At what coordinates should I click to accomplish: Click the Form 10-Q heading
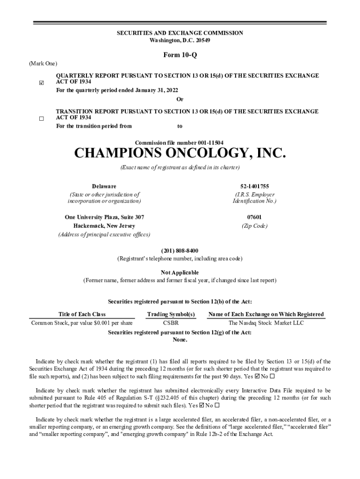180,56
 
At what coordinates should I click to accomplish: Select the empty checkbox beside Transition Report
41,119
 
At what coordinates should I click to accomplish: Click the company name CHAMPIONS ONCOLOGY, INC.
180,153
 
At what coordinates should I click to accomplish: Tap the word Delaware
104,186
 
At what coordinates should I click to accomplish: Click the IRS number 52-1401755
255,186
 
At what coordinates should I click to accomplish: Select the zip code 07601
254,217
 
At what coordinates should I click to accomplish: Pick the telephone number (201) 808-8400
180,251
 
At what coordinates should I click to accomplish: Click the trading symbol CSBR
171,323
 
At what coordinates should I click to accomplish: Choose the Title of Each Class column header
82,314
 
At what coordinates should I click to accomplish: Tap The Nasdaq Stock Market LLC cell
266,323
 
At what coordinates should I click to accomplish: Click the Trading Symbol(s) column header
171,314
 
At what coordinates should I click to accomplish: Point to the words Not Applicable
180,272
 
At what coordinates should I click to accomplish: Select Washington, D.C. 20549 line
180,40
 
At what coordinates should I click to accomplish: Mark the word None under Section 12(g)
180,340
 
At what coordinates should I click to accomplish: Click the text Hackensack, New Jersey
104,225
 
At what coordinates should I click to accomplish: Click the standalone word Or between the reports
180,99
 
